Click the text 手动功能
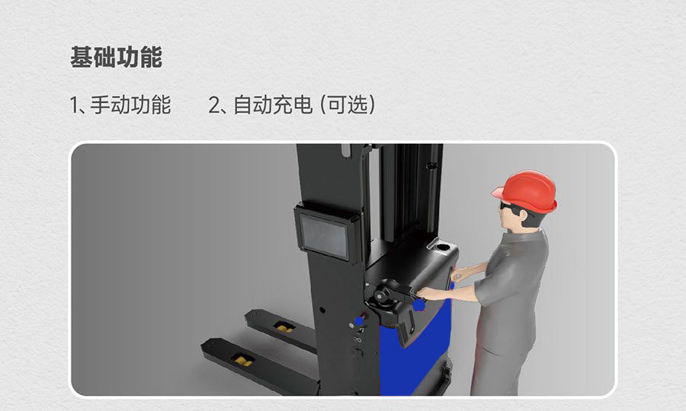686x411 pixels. click(x=130, y=105)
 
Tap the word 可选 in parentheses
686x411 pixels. click(x=347, y=105)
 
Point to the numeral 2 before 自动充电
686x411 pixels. click(x=214, y=105)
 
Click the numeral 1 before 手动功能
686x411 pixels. click(x=74, y=105)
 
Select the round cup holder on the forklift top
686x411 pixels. click(x=441, y=247)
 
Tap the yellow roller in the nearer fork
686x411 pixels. click(x=243, y=359)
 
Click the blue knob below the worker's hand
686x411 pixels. click(x=418, y=304)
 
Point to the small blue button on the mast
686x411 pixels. click(x=359, y=323)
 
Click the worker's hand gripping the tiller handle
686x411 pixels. click(x=426, y=292)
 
